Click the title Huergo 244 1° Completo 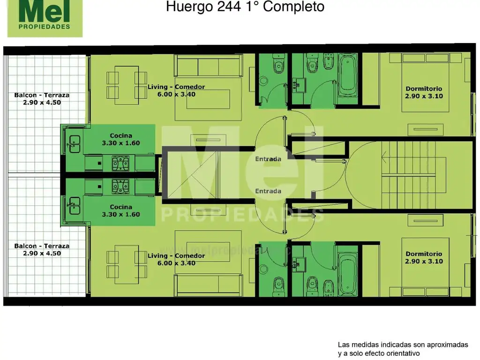tap(245, 7)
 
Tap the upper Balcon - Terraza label tap(42, 98)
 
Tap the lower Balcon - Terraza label tap(42, 249)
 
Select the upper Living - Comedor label tap(176, 90)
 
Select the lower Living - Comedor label tap(176, 259)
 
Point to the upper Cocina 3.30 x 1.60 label tap(120, 139)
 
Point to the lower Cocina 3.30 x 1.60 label tap(120, 210)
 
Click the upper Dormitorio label tap(424, 92)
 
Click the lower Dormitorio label tap(424, 257)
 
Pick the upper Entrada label tap(268, 159)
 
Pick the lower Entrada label tap(268, 191)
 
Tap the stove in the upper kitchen tap(121, 163)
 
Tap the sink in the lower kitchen tap(75, 205)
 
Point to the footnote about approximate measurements tap(403, 349)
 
